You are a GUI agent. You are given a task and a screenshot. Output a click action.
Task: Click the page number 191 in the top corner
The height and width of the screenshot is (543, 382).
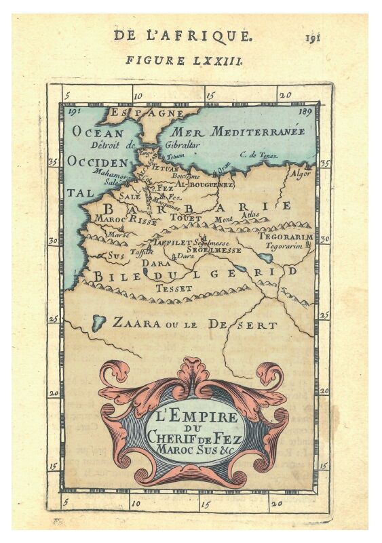[313, 37]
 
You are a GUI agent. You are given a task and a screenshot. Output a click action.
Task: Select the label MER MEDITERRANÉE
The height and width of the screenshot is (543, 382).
[237, 131]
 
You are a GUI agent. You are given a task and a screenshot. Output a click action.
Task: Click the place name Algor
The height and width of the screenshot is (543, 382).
[300, 173]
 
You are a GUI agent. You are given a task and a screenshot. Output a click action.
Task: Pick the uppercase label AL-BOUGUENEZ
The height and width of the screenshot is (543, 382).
[204, 184]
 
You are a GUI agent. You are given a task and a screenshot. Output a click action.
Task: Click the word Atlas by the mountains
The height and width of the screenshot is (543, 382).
[250, 216]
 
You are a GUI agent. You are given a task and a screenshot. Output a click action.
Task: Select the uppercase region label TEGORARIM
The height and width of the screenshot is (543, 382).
[285, 237]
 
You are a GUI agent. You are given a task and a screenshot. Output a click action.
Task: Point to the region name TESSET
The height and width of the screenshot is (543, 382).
[170, 288]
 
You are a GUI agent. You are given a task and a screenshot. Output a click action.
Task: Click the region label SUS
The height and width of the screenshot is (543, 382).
[116, 256]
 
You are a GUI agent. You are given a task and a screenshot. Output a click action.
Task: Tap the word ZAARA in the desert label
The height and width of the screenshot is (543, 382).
[136, 323]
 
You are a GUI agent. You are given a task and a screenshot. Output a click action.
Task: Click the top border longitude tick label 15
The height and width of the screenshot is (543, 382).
[210, 96]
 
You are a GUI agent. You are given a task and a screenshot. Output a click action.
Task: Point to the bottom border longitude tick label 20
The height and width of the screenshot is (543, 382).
[276, 503]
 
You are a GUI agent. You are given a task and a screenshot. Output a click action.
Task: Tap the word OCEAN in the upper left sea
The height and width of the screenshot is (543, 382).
[98, 133]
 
